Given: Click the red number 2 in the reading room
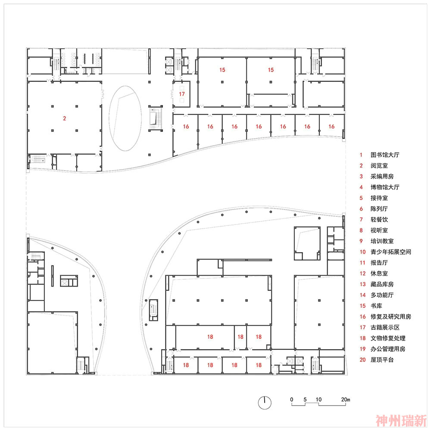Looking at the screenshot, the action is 64,119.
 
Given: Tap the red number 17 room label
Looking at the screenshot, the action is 182,94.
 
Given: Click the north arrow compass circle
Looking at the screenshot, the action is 265,403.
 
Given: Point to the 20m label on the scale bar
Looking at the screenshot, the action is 346,400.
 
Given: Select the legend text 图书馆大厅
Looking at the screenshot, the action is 385,155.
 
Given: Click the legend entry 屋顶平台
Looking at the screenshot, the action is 382,359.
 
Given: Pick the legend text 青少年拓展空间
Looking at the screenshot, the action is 390,252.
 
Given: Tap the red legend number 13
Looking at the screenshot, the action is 362,284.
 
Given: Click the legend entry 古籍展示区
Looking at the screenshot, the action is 385,328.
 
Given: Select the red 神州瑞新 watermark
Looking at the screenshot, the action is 401,421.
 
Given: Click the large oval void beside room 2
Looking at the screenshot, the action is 125,118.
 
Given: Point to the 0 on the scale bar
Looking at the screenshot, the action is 292,400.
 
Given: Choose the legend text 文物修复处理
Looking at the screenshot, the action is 388,338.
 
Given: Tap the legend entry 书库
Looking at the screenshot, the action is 376,306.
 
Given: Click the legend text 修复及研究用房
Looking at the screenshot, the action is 390,316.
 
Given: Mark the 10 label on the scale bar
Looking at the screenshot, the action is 319,400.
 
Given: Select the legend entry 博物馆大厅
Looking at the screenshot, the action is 385,187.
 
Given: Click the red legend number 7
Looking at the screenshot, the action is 361,219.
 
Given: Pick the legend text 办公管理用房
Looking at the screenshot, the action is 388,349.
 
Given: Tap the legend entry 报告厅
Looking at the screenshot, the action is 379,262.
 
